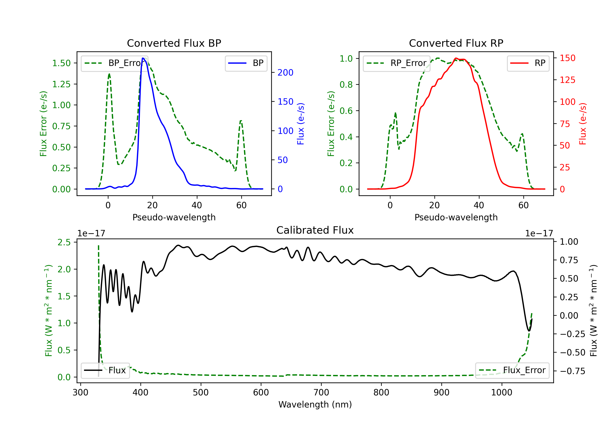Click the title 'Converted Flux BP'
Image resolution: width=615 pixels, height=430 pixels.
[x=174, y=43]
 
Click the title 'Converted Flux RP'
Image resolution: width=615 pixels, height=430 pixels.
[x=456, y=43]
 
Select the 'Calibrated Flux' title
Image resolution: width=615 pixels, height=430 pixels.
[x=315, y=230]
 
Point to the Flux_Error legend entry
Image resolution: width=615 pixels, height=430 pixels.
[x=512, y=370]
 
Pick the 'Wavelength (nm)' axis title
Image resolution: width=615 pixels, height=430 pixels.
[x=315, y=405]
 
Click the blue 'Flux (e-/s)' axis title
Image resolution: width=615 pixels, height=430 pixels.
[x=301, y=124]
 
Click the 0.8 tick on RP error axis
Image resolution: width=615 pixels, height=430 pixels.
[x=346, y=85]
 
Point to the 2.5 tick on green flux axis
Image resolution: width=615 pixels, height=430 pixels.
[x=64, y=242]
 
